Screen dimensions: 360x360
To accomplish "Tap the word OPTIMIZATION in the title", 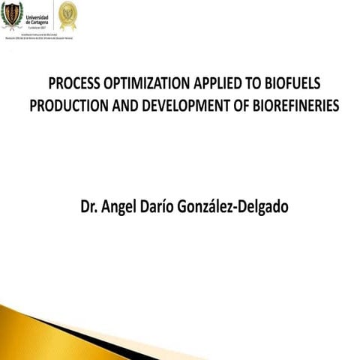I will point(147,82).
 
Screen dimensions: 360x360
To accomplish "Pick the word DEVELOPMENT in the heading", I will point(174,105).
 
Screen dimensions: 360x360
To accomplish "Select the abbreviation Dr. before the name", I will point(90,205).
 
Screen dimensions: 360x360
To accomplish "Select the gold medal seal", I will point(67,13).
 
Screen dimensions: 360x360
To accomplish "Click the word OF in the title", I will point(233,105).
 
